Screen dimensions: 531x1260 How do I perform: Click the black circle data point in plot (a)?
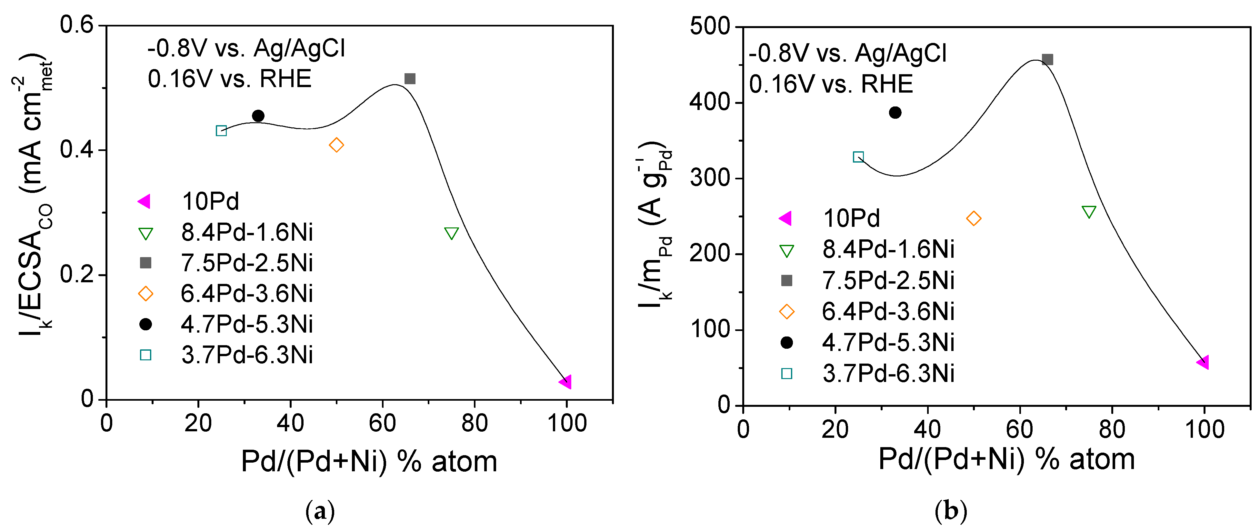click(x=258, y=116)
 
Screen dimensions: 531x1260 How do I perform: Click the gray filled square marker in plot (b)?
click(x=1047, y=60)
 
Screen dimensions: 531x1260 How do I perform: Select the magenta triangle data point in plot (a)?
click(x=566, y=381)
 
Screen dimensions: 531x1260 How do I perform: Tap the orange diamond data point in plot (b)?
click(x=973, y=218)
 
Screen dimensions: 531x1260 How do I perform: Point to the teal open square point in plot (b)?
click(x=858, y=157)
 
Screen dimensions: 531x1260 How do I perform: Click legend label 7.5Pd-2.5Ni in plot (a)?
click(x=246, y=263)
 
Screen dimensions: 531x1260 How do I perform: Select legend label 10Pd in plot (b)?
click(x=851, y=218)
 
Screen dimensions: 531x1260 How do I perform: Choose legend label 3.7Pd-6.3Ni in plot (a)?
click(x=246, y=355)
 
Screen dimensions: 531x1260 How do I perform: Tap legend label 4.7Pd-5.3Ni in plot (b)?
click(x=888, y=342)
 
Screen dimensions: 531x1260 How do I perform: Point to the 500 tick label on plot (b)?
click(x=709, y=26)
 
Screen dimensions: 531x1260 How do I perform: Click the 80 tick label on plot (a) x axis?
click(x=474, y=424)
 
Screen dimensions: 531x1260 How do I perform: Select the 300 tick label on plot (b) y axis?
click(x=709, y=178)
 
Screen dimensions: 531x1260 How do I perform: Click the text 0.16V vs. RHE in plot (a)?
click(x=229, y=79)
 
